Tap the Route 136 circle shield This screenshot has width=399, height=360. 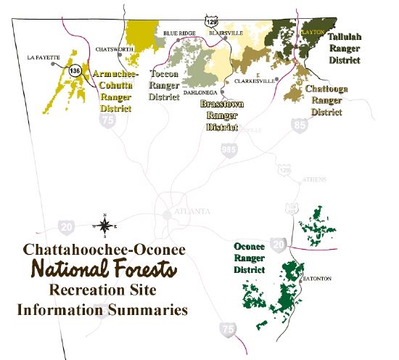75,71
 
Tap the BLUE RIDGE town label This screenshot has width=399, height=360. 179,33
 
